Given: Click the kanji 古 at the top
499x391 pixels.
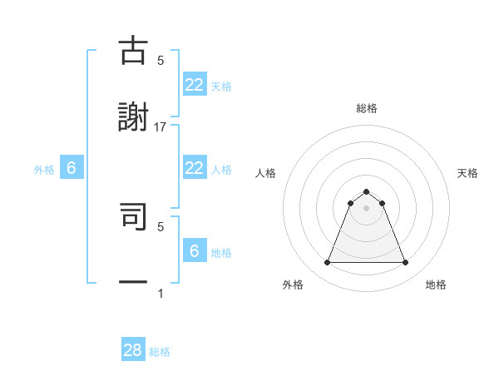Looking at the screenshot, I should coord(133,52).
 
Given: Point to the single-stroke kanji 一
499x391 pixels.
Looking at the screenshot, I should coord(133,282).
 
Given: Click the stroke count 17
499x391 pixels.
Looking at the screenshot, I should coord(161,126).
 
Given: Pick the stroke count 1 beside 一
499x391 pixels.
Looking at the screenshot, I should coord(161,293).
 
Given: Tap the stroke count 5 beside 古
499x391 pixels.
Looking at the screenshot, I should coord(161,60).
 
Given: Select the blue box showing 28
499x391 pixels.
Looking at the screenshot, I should coord(133,350).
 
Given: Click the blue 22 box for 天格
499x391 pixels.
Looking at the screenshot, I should coord(194,85).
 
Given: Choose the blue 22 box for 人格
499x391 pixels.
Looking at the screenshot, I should coord(194,168).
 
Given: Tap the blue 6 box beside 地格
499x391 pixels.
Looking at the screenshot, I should coord(194,251).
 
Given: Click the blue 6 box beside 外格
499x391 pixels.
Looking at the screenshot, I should coord(72,168).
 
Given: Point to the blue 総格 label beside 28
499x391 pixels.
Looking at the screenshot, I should coord(160,352).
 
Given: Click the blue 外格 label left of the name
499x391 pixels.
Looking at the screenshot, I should coord(44,169).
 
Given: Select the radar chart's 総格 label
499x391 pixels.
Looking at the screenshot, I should coord(367,108).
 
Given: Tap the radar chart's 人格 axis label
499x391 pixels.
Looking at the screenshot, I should coord(266,173).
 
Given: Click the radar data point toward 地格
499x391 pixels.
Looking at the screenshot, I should coord(406,263).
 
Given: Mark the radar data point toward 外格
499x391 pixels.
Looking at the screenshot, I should coord(327,263).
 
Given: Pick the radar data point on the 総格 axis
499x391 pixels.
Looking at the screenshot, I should coord(367,191).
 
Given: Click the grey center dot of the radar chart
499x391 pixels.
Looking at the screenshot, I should coord(367,208).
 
